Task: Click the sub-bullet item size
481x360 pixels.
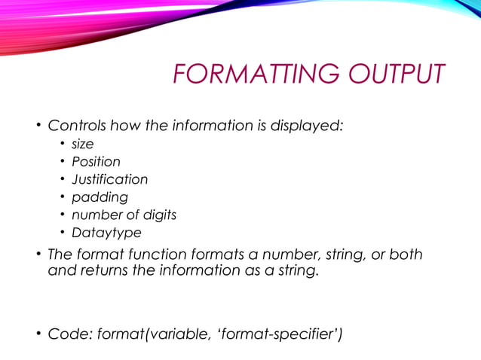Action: pyautogui.click(x=82, y=144)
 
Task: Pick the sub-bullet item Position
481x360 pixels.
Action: pyautogui.click(x=96, y=161)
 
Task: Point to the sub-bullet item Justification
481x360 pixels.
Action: pyautogui.click(x=109, y=179)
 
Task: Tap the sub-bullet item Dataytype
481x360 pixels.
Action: pyautogui.click(x=106, y=233)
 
